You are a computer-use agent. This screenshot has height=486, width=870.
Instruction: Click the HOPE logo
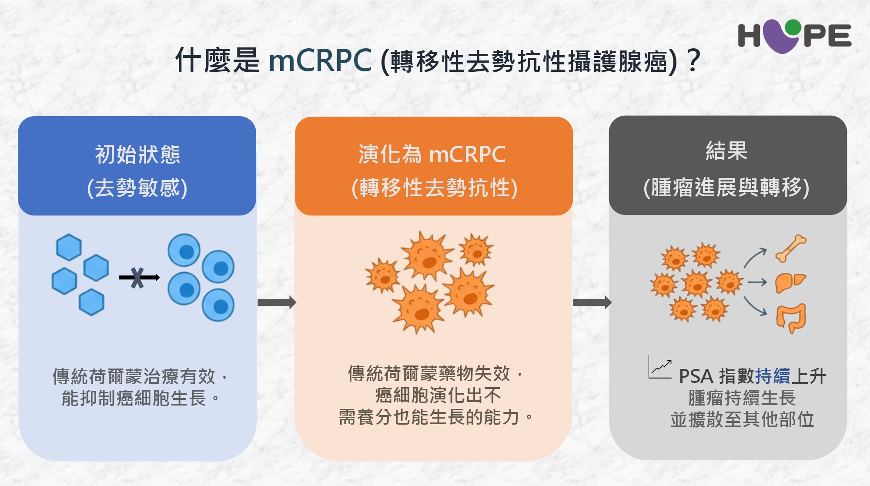[x=794, y=36]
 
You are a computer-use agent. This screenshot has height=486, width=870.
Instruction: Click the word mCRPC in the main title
[x=320, y=60]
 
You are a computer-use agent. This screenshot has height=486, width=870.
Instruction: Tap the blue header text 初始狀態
[x=137, y=154]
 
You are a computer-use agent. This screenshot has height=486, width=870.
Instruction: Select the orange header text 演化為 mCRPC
[x=432, y=154]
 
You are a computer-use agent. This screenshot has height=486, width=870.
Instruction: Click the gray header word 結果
[x=726, y=151]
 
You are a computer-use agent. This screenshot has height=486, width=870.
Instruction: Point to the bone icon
[x=791, y=248]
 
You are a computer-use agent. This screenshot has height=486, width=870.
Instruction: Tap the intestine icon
[x=791, y=318]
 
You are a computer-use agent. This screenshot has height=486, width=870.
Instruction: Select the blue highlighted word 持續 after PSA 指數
[x=773, y=376]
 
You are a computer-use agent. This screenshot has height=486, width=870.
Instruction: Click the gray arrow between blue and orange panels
[x=277, y=302]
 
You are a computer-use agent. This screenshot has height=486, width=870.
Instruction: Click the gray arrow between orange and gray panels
[x=592, y=302]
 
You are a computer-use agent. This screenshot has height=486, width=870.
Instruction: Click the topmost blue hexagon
[x=69, y=247]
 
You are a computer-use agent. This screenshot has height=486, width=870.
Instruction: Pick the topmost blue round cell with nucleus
[x=184, y=250]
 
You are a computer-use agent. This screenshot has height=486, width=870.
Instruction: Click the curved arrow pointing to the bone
[x=755, y=258]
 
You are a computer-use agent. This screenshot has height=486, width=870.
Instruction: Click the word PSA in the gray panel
[x=696, y=376]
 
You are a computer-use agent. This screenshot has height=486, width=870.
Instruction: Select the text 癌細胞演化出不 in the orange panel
[x=438, y=395]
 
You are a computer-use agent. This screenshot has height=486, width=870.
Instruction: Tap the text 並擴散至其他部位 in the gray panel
[x=742, y=419]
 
